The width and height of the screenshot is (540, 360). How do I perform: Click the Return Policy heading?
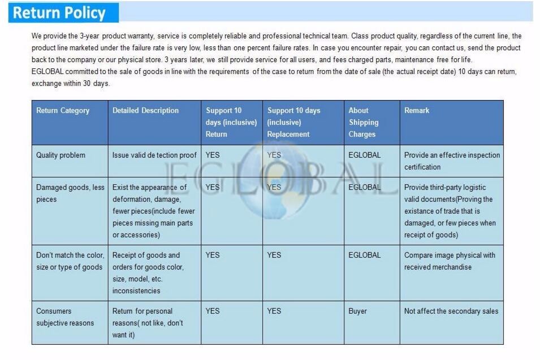59,12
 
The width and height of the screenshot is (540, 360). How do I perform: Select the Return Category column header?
63,111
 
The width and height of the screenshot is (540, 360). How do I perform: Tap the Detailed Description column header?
145,111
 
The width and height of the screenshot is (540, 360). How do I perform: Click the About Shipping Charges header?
363,122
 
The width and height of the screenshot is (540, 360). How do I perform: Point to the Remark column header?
417,111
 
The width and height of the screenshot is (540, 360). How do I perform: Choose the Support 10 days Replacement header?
293,122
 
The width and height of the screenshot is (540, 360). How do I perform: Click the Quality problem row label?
61,155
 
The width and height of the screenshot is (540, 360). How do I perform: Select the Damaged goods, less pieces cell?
70,193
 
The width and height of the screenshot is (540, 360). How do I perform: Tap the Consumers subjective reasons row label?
65,317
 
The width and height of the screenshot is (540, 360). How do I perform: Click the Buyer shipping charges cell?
357,311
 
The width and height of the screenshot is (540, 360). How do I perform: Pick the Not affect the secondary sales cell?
451,311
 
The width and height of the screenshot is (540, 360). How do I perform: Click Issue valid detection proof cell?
154,155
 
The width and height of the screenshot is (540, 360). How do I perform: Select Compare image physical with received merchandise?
450,261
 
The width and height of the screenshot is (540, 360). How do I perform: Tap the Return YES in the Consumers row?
213,311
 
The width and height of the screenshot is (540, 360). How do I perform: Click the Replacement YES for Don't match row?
274,255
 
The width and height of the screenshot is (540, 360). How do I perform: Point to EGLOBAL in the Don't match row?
365,255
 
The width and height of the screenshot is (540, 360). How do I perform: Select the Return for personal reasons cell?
148,323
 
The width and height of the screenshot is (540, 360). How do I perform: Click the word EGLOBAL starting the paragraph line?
48,72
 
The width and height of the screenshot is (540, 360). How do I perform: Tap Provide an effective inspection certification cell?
452,161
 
